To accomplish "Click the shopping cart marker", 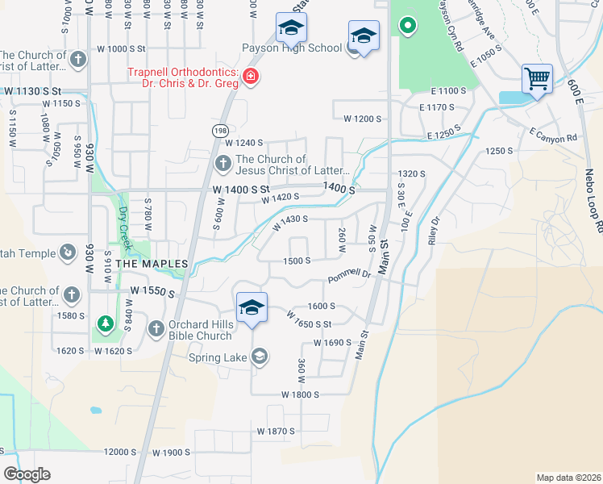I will (x=537, y=80).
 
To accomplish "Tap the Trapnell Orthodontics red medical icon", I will (x=251, y=77).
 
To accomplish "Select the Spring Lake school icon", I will (x=260, y=357).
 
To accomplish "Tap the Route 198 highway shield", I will (x=220, y=130).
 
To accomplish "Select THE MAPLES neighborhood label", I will (x=152, y=264).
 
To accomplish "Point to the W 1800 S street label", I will (x=300, y=394).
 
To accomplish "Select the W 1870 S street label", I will (x=276, y=432).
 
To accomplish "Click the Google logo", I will (x=27, y=474).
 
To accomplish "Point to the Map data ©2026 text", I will (x=568, y=478).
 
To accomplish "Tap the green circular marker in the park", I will (x=408, y=25).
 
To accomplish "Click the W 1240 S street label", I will (x=243, y=143).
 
